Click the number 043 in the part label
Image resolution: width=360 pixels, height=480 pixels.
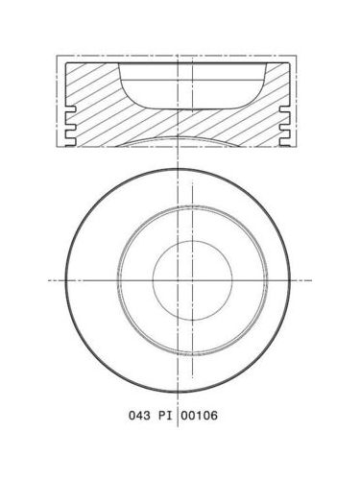[139, 416]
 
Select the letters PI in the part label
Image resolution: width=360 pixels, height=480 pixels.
[165, 416]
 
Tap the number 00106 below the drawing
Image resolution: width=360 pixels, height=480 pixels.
[199, 416]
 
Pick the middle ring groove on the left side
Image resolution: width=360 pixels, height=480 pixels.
[71, 127]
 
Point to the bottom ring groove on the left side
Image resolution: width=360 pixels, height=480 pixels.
[71, 141]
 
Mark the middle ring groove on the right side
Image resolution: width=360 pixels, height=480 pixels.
[284, 127]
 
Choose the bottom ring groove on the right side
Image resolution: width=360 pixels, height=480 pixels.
[284, 141]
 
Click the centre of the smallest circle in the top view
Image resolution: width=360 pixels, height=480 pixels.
[192, 280]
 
